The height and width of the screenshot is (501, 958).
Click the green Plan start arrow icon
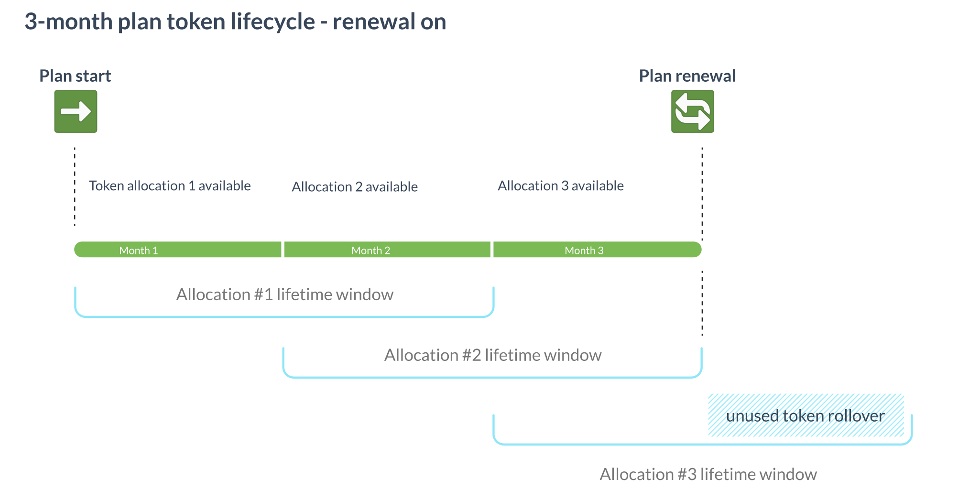[x=76, y=111]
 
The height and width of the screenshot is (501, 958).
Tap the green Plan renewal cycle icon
[x=692, y=111]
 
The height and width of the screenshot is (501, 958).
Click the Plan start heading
[x=75, y=76]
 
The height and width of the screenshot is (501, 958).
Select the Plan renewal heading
[x=687, y=76]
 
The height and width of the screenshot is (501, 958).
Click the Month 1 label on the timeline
[x=138, y=250]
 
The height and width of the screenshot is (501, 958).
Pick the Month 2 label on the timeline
[x=370, y=250]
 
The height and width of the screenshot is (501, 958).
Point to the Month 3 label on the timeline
[x=584, y=250]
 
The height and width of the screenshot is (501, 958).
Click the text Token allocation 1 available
[x=170, y=186]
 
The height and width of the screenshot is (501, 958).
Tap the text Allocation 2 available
[x=355, y=187]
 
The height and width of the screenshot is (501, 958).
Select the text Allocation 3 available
[x=560, y=186]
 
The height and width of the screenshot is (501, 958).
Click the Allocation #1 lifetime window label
[x=284, y=294]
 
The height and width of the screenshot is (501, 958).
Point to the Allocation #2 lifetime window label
[x=492, y=355]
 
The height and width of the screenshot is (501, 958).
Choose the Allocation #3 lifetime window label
[x=708, y=474]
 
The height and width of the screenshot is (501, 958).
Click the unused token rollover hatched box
[x=806, y=415]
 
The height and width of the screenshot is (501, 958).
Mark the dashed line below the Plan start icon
[x=75, y=186]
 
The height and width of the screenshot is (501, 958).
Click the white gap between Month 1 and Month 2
[x=283, y=250]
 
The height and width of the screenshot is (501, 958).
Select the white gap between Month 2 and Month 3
[x=492, y=250]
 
